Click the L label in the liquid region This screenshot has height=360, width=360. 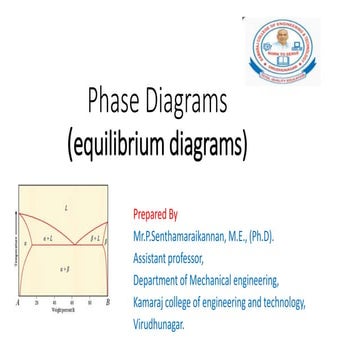click(x=66, y=208)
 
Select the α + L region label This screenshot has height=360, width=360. click(x=47, y=240)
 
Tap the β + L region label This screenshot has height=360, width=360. click(x=96, y=240)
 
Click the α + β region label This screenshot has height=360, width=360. click(x=65, y=270)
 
